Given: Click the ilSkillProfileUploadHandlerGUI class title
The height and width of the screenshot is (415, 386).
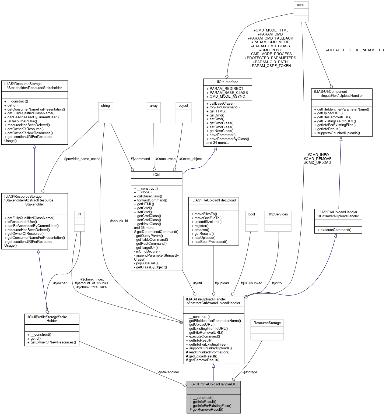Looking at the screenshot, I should tap(213, 384).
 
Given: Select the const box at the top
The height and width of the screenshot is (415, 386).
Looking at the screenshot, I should tap(301, 5).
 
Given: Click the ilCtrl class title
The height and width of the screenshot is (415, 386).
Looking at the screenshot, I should tap(156, 175).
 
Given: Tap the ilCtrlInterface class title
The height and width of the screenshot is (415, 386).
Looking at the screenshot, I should tap(227, 82).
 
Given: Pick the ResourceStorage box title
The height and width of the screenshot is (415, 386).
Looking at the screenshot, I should tap(267, 323).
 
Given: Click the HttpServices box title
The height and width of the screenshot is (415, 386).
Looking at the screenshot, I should tap(278, 214).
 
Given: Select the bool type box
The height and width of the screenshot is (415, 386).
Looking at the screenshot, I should tap(251, 214).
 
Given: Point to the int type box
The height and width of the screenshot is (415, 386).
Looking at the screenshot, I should tap(79, 214).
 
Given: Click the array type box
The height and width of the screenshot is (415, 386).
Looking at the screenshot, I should tap(154, 105).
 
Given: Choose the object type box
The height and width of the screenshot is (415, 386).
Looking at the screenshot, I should tap(183, 105).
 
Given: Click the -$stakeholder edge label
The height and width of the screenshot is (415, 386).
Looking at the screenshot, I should tap(169, 372).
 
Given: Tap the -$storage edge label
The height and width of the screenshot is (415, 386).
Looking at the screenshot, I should tap(250, 372).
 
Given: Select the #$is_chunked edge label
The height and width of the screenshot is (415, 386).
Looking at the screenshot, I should tap(251, 283).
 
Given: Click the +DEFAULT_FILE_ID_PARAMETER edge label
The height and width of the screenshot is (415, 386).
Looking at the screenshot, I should tap(355, 50).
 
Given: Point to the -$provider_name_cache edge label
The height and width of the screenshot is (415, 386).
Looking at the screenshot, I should tap(82, 159).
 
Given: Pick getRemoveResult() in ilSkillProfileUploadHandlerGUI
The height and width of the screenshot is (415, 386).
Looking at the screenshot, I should tap(206, 409).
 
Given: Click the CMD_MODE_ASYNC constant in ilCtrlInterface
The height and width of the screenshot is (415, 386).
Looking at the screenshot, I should tap(226, 96).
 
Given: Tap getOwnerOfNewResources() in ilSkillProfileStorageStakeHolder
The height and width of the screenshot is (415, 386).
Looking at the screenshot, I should tap(52, 342).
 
